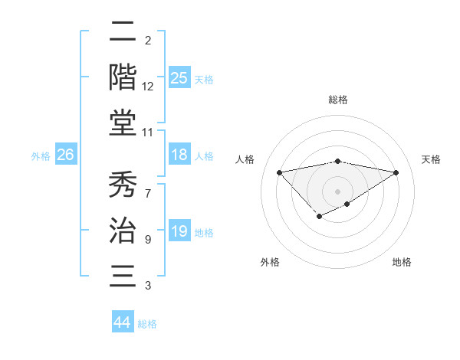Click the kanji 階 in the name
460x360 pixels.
123,77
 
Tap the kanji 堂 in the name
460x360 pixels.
123,123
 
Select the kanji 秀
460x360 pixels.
123,185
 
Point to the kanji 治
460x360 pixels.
123,231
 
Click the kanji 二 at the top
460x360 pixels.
123,32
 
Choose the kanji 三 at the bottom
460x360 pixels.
123,276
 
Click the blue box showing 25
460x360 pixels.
179,77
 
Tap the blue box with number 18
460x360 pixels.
179,155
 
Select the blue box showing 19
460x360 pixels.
179,231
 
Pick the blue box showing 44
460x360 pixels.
122,322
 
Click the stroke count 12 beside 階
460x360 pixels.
147,87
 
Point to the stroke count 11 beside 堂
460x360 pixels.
147,133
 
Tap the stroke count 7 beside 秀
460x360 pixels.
147,186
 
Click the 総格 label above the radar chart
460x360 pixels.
337,100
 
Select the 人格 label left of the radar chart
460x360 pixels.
246,159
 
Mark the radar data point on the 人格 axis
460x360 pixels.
279,172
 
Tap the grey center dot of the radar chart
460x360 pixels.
337,191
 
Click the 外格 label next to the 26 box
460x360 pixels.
41,156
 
